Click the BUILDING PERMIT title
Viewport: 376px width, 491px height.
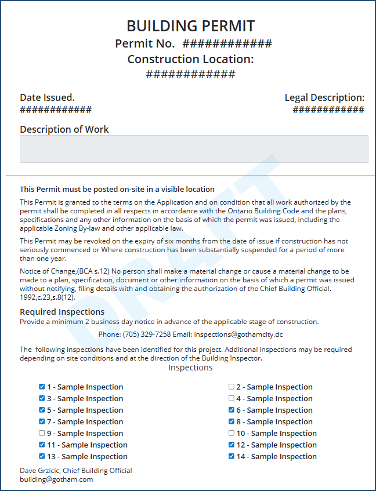[190, 26]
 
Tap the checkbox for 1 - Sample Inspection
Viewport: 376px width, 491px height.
[42, 387]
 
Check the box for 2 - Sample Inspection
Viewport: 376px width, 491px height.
[232, 387]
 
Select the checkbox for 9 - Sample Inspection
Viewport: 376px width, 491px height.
[42, 433]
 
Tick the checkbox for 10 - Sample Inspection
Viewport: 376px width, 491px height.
[232, 433]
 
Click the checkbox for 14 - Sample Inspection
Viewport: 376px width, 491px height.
[232, 456]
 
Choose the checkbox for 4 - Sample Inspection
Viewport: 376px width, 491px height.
[232, 398]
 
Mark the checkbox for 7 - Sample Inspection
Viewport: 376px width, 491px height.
[42, 421]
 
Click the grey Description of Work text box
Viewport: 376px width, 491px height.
[194, 149]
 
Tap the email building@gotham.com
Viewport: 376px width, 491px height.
[56, 479]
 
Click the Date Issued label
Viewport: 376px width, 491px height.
[47, 97]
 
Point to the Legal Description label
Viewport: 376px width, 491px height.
[324, 97]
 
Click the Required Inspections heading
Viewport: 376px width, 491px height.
[62, 312]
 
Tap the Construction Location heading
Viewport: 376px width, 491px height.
[190, 59]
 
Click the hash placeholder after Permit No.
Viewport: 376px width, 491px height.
[227, 44]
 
